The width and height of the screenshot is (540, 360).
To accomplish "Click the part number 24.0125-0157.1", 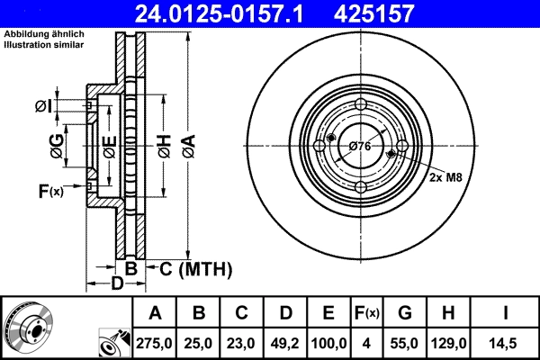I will (231, 13).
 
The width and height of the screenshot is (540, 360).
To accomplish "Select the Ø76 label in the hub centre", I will (360, 147).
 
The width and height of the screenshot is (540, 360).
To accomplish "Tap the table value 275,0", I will (155, 343).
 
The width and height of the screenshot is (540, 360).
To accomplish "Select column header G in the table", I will (404, 314).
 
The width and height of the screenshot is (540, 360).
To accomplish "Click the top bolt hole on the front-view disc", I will (360, 105).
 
